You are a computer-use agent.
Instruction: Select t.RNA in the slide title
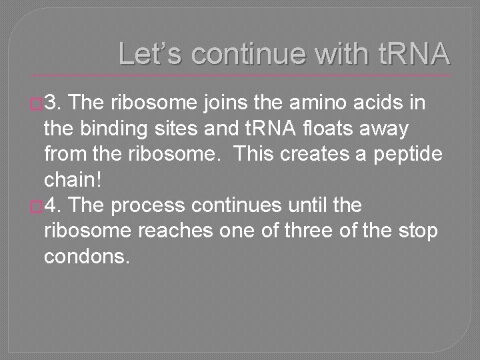pyautogui.click(x=407, y=53)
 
